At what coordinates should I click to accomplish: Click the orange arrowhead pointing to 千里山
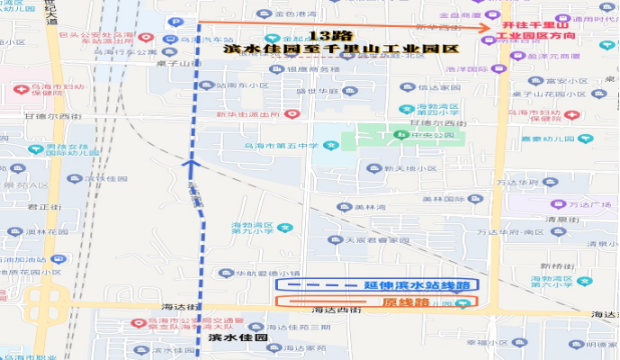pos(494,22)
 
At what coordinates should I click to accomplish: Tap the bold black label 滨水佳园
pos(238,337)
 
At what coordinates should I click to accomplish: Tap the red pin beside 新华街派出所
pos(291,114)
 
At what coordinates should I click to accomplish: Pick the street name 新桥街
pos(557,266)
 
